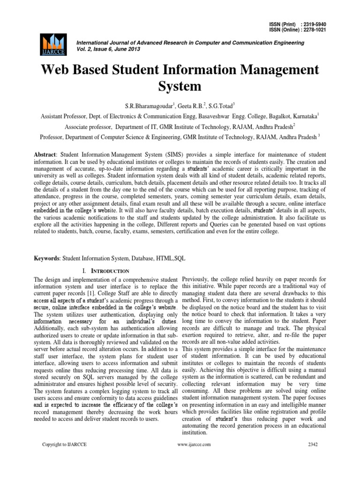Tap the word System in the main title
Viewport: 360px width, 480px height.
180,86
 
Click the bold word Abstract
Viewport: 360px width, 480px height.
47,154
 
